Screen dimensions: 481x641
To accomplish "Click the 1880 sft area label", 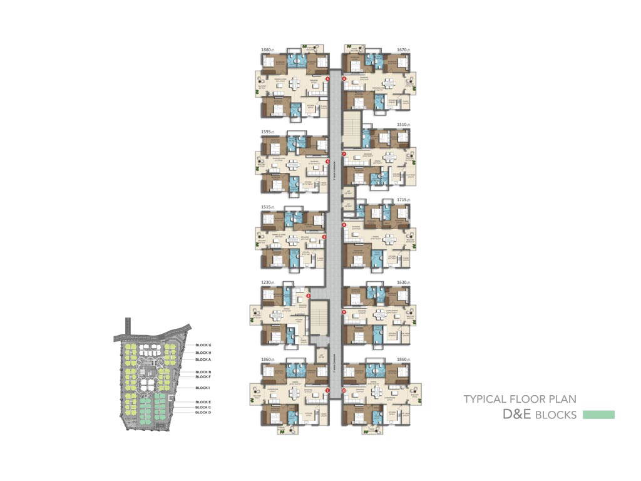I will [269, 49].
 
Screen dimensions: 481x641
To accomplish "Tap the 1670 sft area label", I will [403, 49].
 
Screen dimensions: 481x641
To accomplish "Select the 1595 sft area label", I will [269, 133].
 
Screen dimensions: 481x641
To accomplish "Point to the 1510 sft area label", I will [403, 125].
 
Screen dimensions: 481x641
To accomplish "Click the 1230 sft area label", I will [269, 282].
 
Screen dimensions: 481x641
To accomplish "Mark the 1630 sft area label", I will [403, 282].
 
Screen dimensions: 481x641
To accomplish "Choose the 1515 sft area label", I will [269, 207].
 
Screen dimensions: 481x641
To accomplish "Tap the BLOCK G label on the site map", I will [203, 345].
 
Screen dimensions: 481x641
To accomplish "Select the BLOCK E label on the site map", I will [203, 402].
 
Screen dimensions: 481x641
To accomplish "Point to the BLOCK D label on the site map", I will [203, 413].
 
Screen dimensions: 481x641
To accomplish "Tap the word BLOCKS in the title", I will [556, 415].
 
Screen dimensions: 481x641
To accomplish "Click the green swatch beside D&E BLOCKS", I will [598, 415].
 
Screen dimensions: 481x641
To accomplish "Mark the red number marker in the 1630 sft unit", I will [344, 311].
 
